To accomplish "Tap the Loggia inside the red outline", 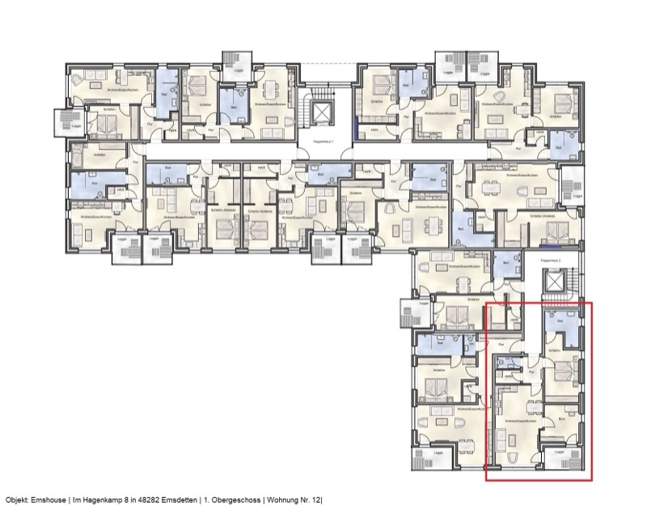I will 560,460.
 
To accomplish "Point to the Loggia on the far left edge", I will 66,123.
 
